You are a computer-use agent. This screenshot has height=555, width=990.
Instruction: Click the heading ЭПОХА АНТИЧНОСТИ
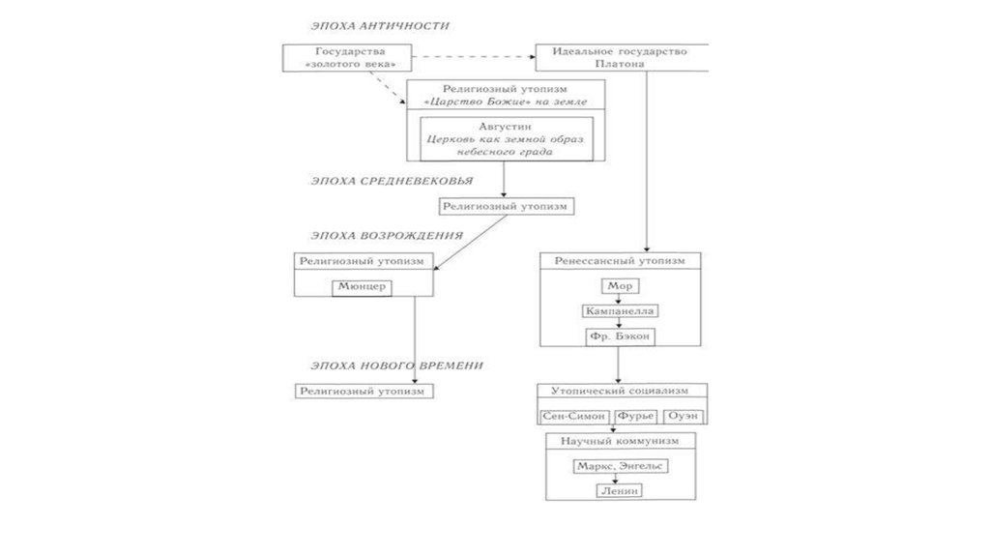tap(379, 25)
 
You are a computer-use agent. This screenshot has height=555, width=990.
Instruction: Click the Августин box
tap(503, 139)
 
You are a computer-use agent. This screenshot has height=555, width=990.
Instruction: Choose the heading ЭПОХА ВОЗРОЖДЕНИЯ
tap(386, 235)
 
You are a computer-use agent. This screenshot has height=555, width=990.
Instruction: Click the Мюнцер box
tap(363, 287)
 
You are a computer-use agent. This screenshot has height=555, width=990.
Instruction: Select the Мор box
tap(620, 287)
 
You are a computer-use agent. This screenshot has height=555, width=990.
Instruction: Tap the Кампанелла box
tap(620, 311)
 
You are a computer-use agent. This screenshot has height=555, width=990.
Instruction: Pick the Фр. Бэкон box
tap(620, 336)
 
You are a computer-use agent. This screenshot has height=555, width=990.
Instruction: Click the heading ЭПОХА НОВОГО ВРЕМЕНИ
tap(396, 365)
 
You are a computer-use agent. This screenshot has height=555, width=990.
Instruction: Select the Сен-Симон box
tap(572, 416)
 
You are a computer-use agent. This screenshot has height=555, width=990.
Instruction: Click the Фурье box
tap(635, 416)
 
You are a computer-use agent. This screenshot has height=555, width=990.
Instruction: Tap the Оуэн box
tap(683, 416)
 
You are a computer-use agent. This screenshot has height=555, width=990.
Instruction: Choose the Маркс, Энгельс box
tap(620, 465)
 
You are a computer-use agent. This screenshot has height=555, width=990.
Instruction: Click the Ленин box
tap(620, 490)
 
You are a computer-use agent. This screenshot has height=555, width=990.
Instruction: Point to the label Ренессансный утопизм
tap(620, 261)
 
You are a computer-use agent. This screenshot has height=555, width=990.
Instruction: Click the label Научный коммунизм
tap(620, 440)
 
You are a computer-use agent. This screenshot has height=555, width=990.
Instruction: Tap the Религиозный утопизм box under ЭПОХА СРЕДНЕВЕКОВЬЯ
tap(503, 206)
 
